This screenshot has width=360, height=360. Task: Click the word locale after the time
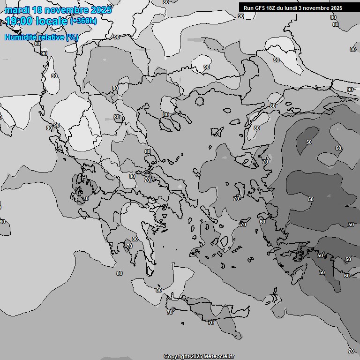click(53, 21)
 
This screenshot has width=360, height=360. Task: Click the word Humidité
click(20, 37)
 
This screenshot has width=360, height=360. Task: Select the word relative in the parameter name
click(51, 37)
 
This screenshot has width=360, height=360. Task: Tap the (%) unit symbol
click(72, 37)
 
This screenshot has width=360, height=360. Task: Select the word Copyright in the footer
click(176, 357)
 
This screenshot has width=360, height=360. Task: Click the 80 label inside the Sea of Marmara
click(256, 128)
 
